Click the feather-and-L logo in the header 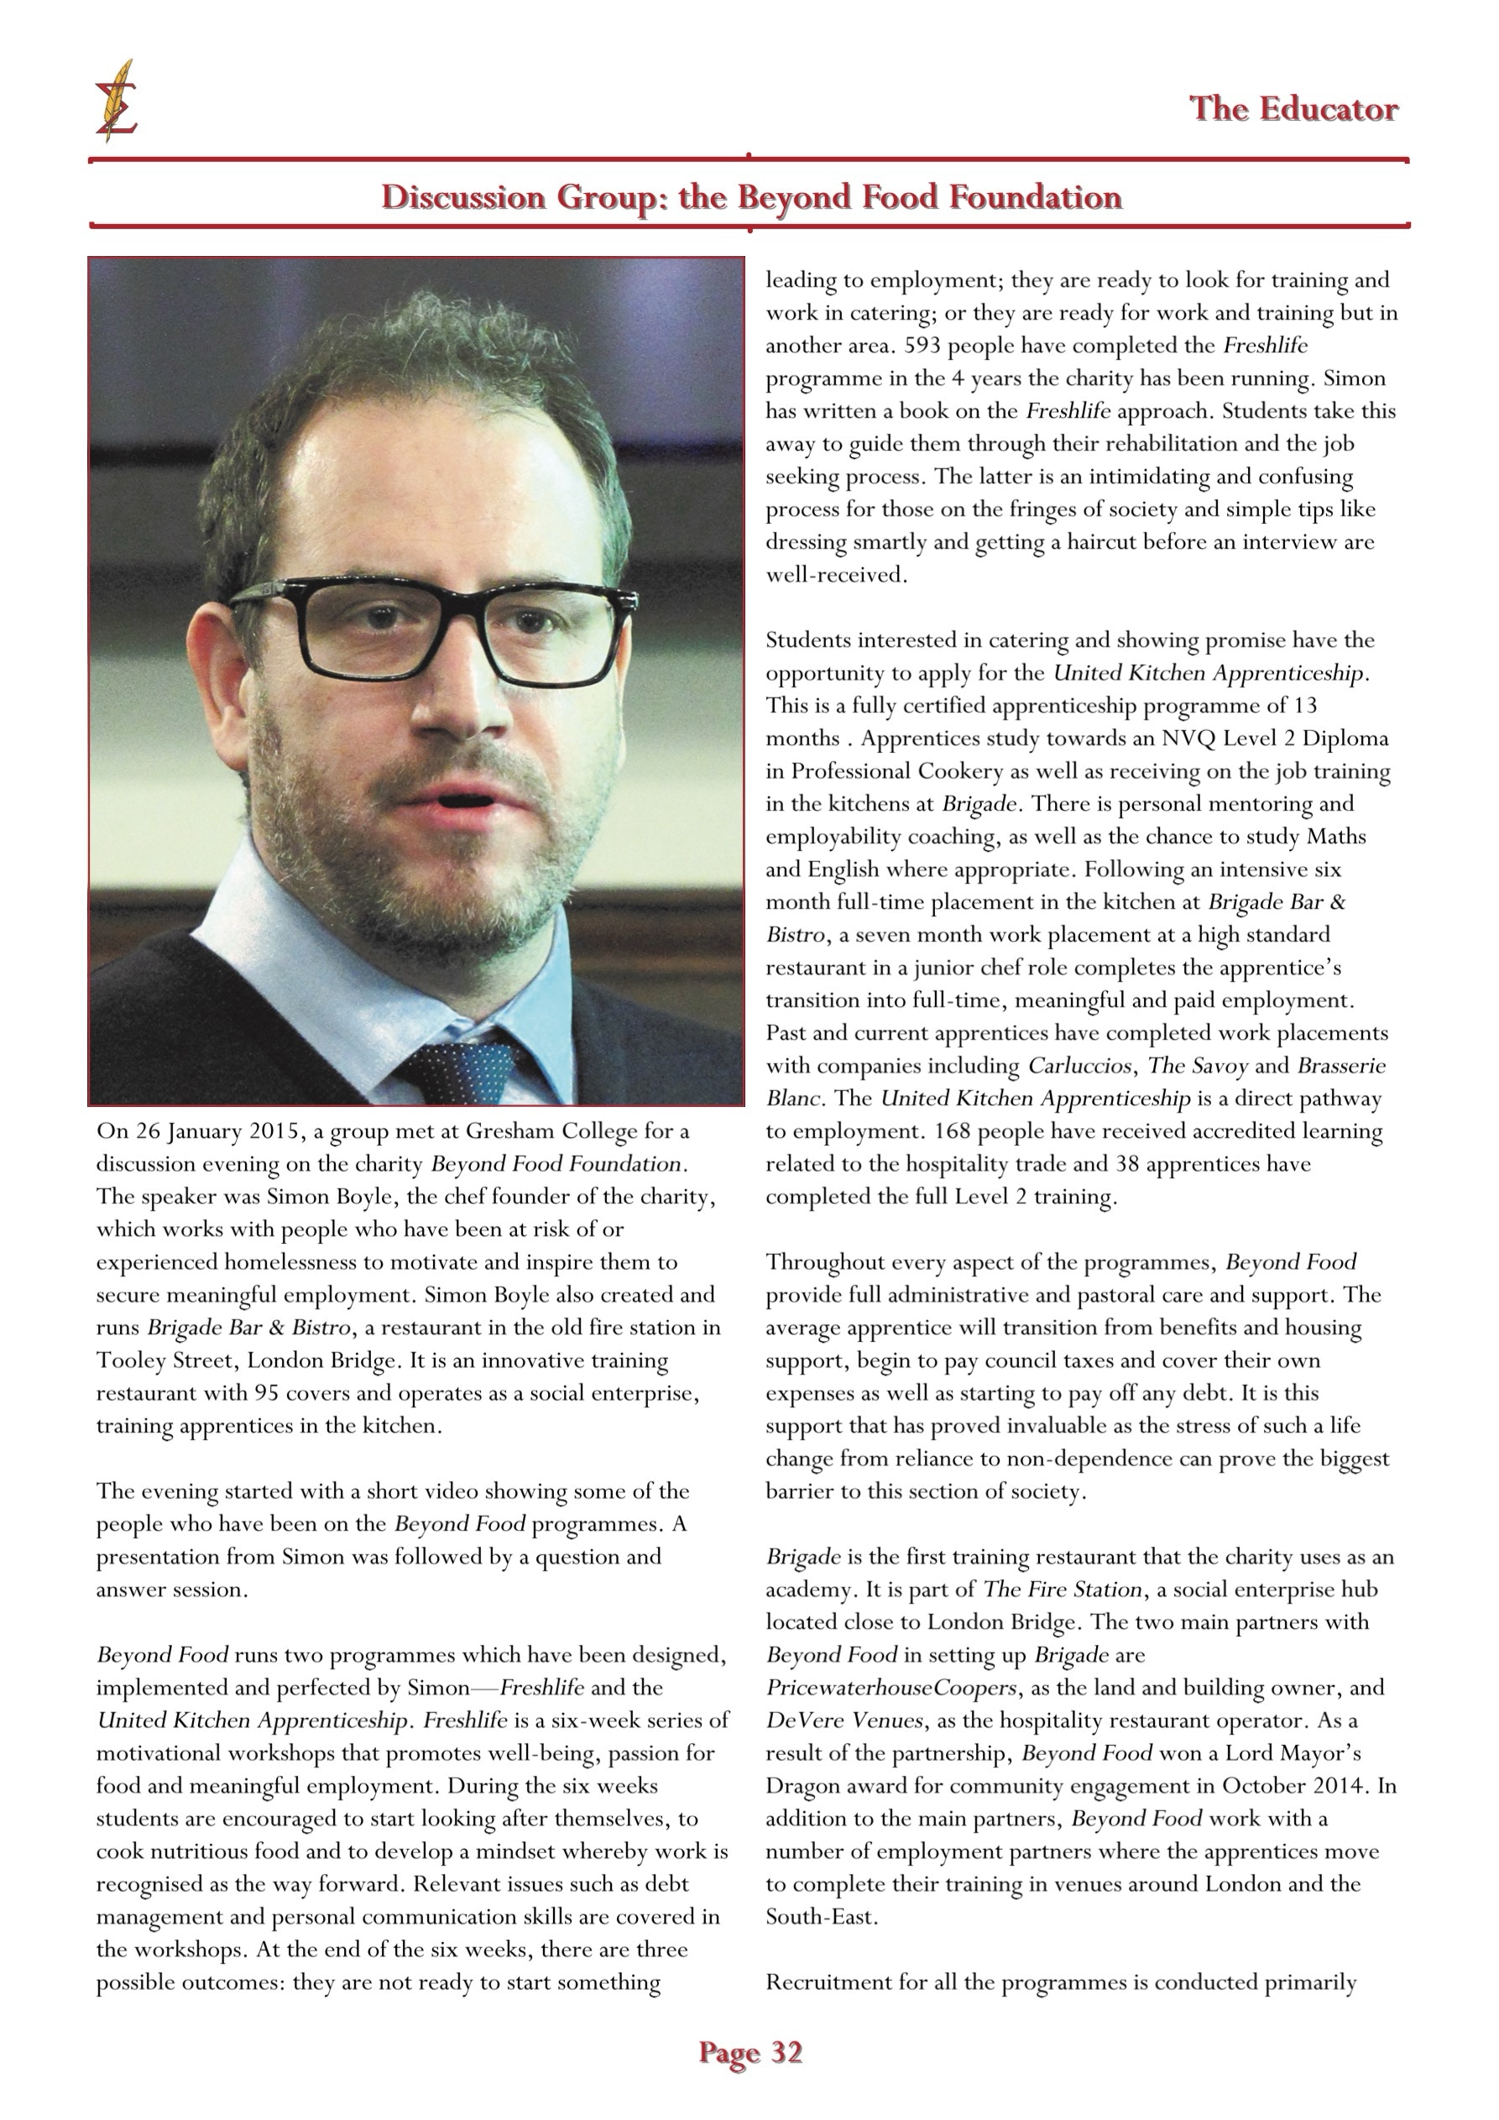click(116, 100)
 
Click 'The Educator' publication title click(1293, 109)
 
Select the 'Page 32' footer click(750, 2052)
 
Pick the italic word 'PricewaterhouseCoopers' click(891, 1688)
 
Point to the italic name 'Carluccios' click(1079, 1067)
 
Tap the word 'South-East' click(818, 1917)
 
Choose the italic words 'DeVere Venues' click(844, 1721)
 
